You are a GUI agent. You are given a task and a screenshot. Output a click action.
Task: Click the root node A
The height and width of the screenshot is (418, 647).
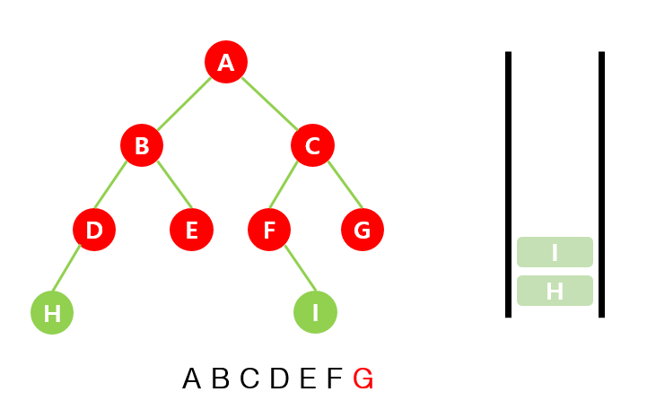coord(226,62)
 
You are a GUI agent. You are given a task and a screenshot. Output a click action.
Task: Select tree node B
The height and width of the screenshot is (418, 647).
coord(142,145)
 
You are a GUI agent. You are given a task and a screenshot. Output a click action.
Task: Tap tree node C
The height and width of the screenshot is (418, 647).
coord(312,145)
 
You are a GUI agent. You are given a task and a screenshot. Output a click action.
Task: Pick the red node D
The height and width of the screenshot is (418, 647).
coord(94,230)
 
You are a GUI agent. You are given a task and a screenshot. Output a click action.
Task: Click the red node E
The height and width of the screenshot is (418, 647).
coord(191,230)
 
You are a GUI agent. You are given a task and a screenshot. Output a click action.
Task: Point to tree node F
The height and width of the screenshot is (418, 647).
coord(269,230)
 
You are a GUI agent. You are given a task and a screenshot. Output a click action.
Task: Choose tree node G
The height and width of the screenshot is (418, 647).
coord(363,230)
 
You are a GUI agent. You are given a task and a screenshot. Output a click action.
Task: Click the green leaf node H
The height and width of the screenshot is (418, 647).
coord(52,313)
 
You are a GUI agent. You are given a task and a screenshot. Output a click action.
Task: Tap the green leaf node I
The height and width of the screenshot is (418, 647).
coord(315,313)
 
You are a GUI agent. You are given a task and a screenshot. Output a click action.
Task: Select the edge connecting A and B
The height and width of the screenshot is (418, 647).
coord(184,104)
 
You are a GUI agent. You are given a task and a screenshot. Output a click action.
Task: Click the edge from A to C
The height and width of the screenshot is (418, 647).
coord(269,104)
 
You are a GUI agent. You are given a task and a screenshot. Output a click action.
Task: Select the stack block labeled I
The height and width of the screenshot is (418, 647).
coord(555,252)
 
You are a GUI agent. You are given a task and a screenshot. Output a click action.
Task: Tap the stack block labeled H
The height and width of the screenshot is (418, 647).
coord(555,291)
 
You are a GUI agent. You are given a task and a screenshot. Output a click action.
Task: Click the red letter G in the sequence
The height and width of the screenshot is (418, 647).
coord(363,379)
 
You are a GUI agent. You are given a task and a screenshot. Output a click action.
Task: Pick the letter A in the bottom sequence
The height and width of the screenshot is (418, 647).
coord(191,379)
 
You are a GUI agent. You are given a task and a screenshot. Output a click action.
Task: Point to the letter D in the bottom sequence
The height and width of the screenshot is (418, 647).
coord(279,379)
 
